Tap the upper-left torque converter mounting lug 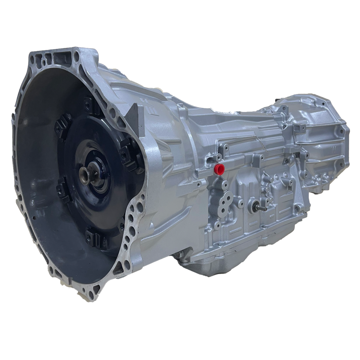coord(63,123)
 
